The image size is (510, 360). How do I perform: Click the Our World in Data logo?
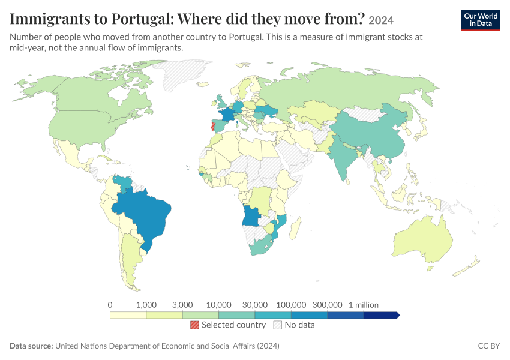click(481, 20)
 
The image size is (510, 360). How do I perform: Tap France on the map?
click(227, 115)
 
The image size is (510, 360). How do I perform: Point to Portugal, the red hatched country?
click(213, 126)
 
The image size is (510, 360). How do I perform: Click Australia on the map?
click(423, 239)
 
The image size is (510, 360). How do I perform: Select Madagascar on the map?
click(295, 228)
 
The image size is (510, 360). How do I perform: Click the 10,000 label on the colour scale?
click(218, 305)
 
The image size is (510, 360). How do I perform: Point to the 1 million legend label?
click(364, 305)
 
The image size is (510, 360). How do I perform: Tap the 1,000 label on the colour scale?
click(146, 305)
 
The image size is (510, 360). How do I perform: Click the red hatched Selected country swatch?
click(194, 325)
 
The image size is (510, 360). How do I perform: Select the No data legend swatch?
click(278, 325)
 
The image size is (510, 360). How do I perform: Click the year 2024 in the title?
click(381, 20)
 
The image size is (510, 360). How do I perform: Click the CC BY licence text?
click(489, 346)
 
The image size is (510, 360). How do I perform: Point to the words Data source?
click(31, 346)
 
